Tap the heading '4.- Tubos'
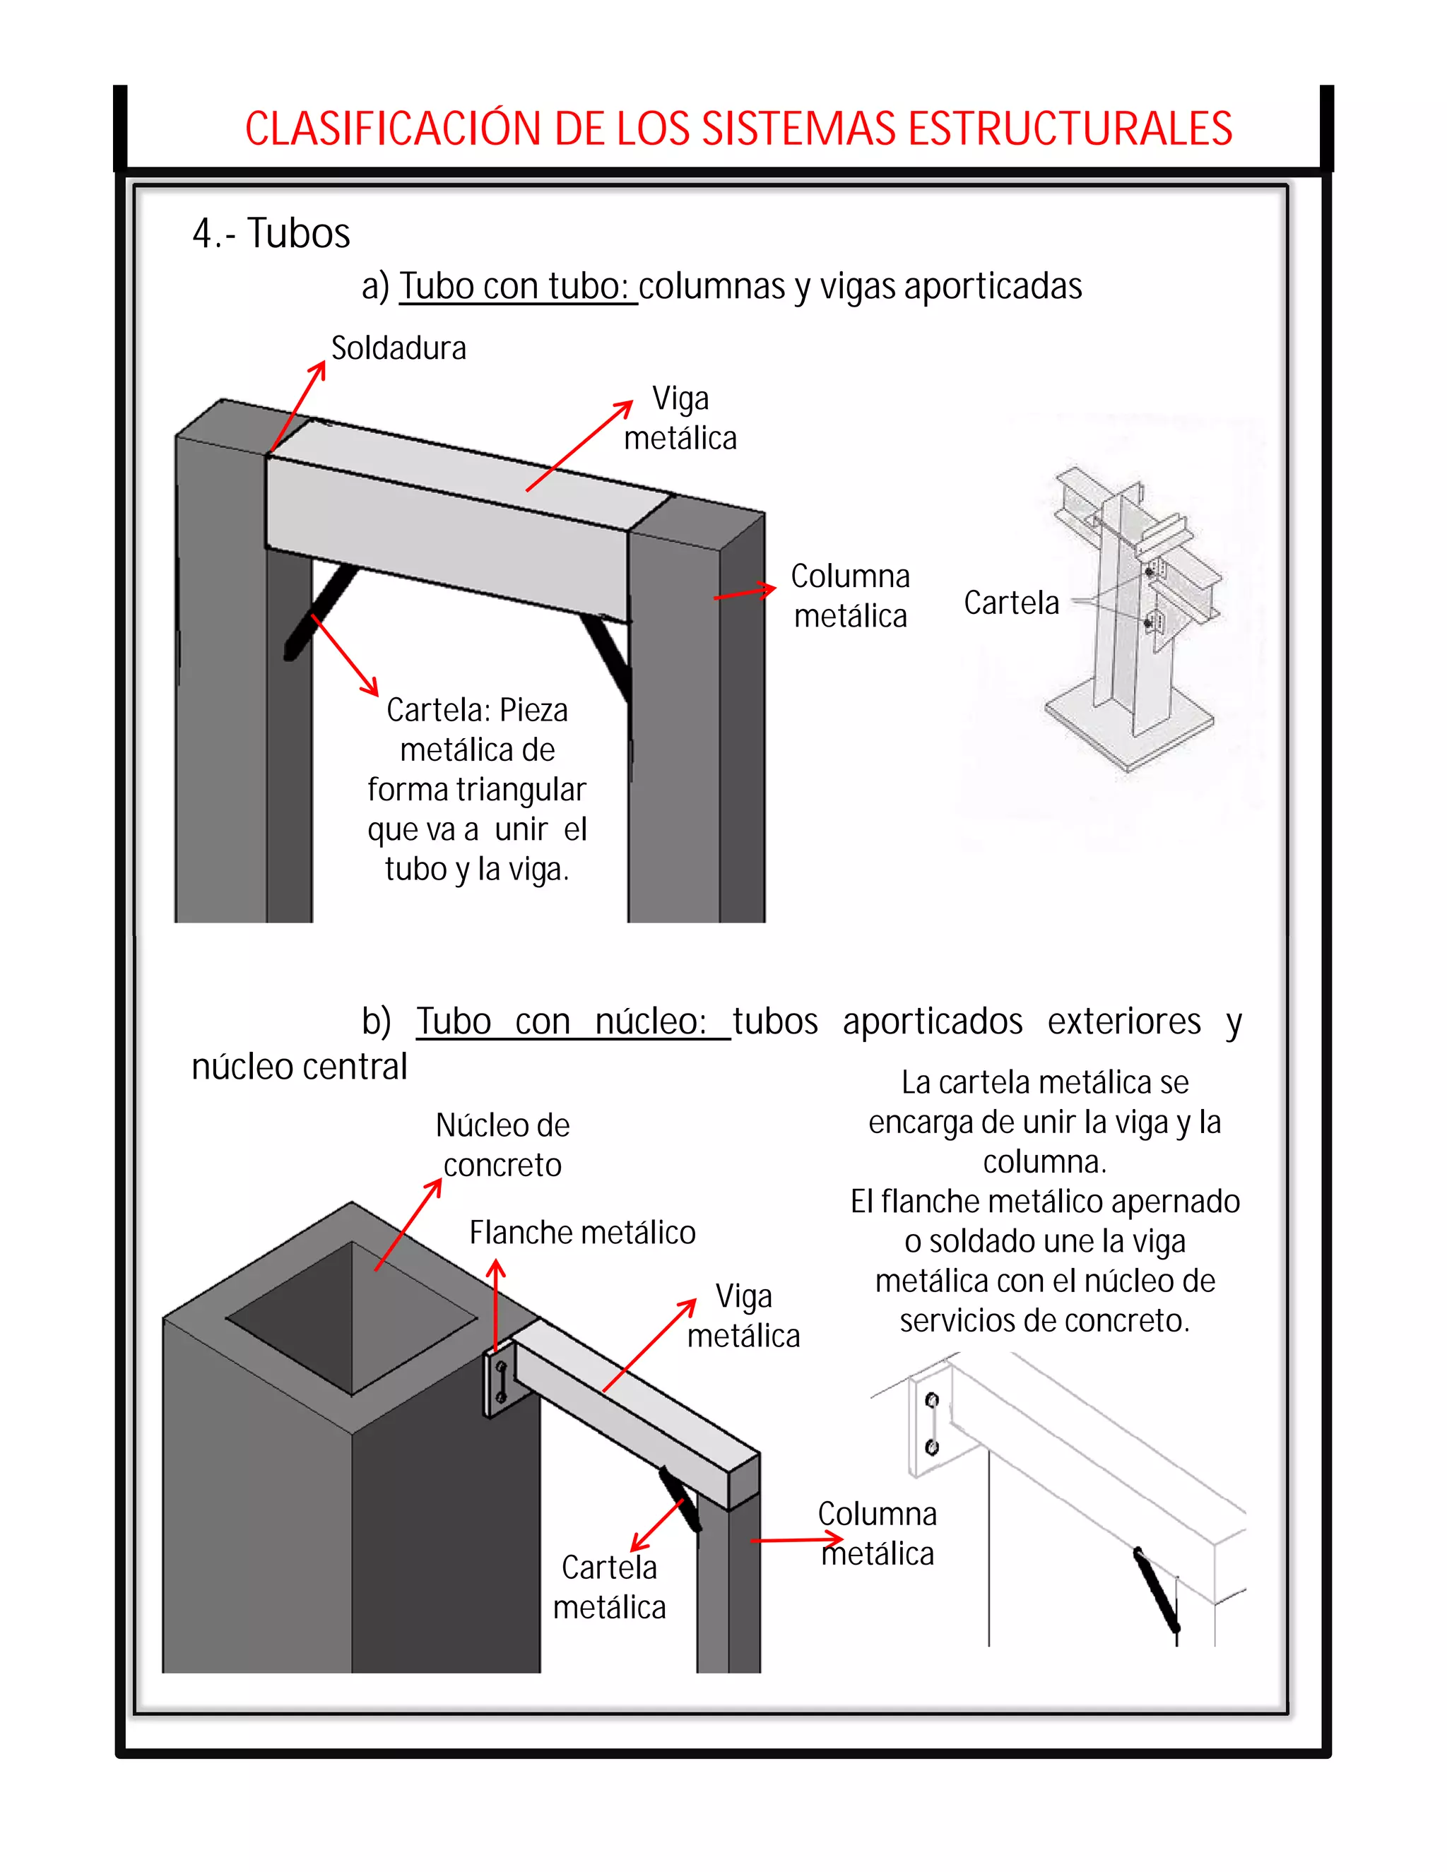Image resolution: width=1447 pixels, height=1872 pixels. coord(271,233)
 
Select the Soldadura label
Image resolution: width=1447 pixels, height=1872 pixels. coord(398,348)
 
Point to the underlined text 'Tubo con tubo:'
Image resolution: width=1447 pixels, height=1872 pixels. coord(517,286)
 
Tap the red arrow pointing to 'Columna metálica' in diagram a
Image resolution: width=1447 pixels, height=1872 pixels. coord(744,592)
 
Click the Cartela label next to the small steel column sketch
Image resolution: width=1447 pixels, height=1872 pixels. coord(1012,603)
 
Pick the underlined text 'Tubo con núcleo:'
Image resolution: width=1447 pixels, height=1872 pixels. coord(572,1021)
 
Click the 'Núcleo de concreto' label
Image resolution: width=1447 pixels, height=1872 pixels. coord(502,1145)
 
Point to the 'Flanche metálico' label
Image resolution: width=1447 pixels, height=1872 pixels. coord(582,1233)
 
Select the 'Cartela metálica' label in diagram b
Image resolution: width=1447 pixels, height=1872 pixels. coord(610,1587)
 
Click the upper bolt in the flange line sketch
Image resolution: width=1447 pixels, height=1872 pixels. coord(932,1402)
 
